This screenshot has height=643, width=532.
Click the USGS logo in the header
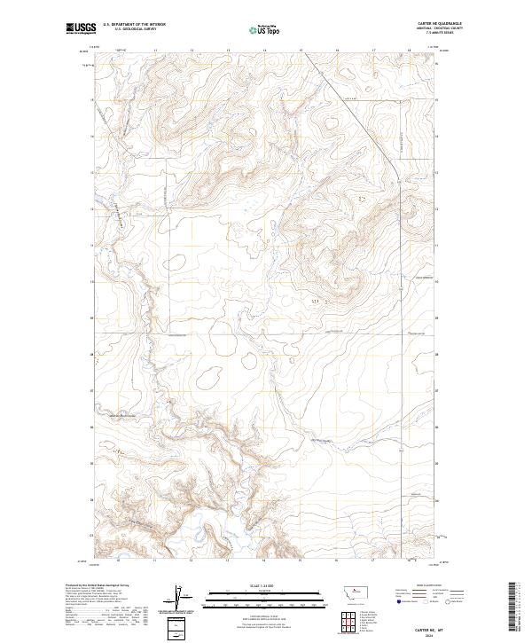pos(81,29)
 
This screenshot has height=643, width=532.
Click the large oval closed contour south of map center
pos(211,377)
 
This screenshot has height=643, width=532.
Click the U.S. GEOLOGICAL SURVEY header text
pos(129,30)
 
